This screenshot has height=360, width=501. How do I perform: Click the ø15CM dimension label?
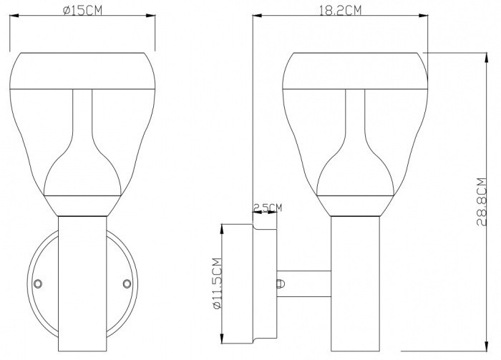[82, 10]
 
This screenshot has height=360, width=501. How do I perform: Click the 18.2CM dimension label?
[340, 10]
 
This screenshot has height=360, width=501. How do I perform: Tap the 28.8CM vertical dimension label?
[482, 202]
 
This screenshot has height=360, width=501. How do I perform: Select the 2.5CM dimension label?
[268, 208]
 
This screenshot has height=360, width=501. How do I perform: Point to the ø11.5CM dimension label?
[217, 283]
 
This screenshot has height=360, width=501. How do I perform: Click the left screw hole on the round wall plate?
[38, 283]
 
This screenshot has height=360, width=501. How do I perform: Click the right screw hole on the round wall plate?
[127, 283]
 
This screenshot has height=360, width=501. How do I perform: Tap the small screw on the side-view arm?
[281, 284]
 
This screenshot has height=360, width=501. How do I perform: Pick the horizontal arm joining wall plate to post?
[303, 284]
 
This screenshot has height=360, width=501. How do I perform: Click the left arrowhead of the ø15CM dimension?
[14, 15]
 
